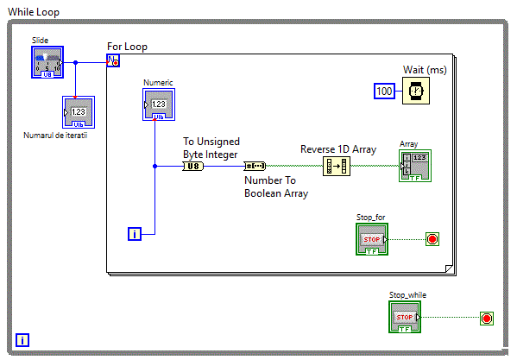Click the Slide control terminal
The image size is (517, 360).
click(47, 62)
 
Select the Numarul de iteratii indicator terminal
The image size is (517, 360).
click(79, 112)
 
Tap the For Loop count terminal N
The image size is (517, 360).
click(113, 60)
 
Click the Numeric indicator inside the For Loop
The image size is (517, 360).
click(159, 104)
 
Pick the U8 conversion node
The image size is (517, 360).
click(193, 166)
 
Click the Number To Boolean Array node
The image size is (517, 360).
click(255, 166)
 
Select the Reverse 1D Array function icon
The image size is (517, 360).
click(337, 166)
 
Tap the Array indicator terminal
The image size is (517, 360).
click(415, 166)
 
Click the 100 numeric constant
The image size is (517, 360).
click(384, 91)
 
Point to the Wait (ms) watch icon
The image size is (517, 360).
click(416, 91)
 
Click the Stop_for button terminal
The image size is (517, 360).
click(372, 239)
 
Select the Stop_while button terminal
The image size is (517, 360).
click(405, 317)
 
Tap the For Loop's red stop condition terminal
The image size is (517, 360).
click(432, 239)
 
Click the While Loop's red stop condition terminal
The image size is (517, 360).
click(487, 319)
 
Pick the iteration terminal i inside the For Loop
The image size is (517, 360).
click(135, 234)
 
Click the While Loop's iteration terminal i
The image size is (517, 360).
click(22, 340)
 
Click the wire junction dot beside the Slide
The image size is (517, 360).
click(75, 62)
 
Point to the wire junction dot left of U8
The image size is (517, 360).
click(155, 166)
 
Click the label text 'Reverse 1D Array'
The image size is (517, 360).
click(338, 149)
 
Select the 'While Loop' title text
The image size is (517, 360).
click(34, 12)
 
